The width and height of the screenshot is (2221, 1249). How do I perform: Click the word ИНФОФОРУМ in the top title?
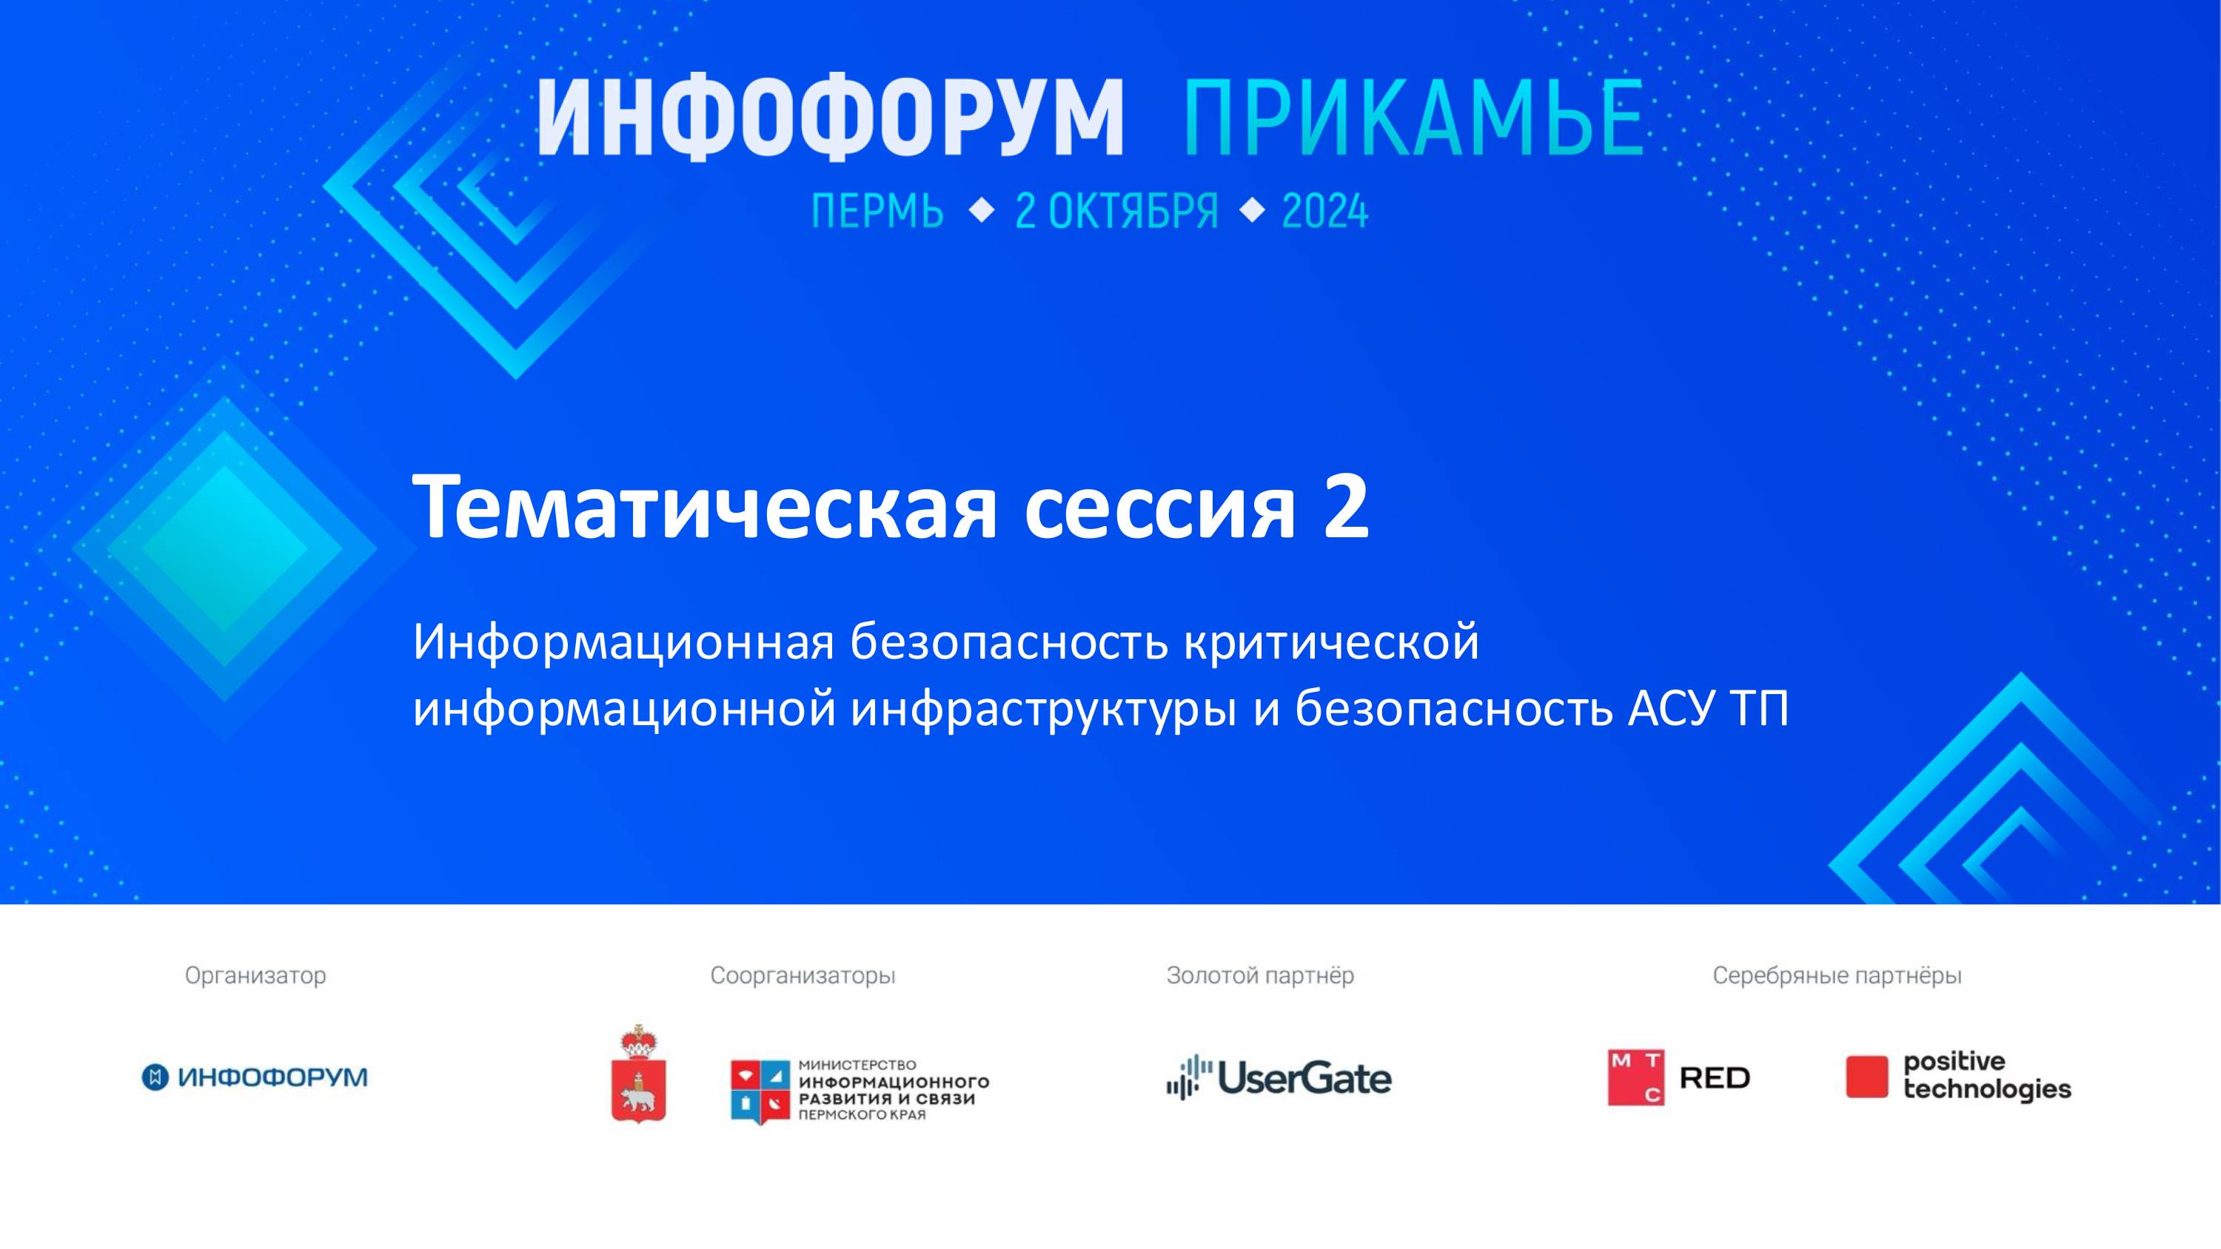[831, 118]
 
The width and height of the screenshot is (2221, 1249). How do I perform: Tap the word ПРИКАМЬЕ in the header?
[1414, 118]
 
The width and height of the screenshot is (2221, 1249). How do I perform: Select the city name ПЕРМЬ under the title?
[877, 211]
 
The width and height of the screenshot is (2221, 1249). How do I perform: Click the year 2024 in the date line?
[1324, 211]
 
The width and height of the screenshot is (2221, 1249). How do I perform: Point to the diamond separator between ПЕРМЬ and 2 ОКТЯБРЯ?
[981, 210]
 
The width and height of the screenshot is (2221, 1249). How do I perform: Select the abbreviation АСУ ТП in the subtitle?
[1708, 709]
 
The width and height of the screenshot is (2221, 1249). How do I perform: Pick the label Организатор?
[255, 976]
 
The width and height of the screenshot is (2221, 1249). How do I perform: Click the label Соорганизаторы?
[803, 976]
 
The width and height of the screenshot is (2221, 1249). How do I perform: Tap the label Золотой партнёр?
[1259, 976]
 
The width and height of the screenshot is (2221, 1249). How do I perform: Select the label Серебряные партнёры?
[1837, 976]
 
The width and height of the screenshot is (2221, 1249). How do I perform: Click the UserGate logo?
[1279, 1077]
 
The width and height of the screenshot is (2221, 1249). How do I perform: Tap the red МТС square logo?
[1635, 1077]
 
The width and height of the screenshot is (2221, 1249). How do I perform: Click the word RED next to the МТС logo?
[1714, 1078]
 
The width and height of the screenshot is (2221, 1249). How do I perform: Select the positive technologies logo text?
[1986, 1076]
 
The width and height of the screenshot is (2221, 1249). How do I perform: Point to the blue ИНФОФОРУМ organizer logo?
[255, 1077]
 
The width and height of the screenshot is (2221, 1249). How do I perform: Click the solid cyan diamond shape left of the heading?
[224, 549]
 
